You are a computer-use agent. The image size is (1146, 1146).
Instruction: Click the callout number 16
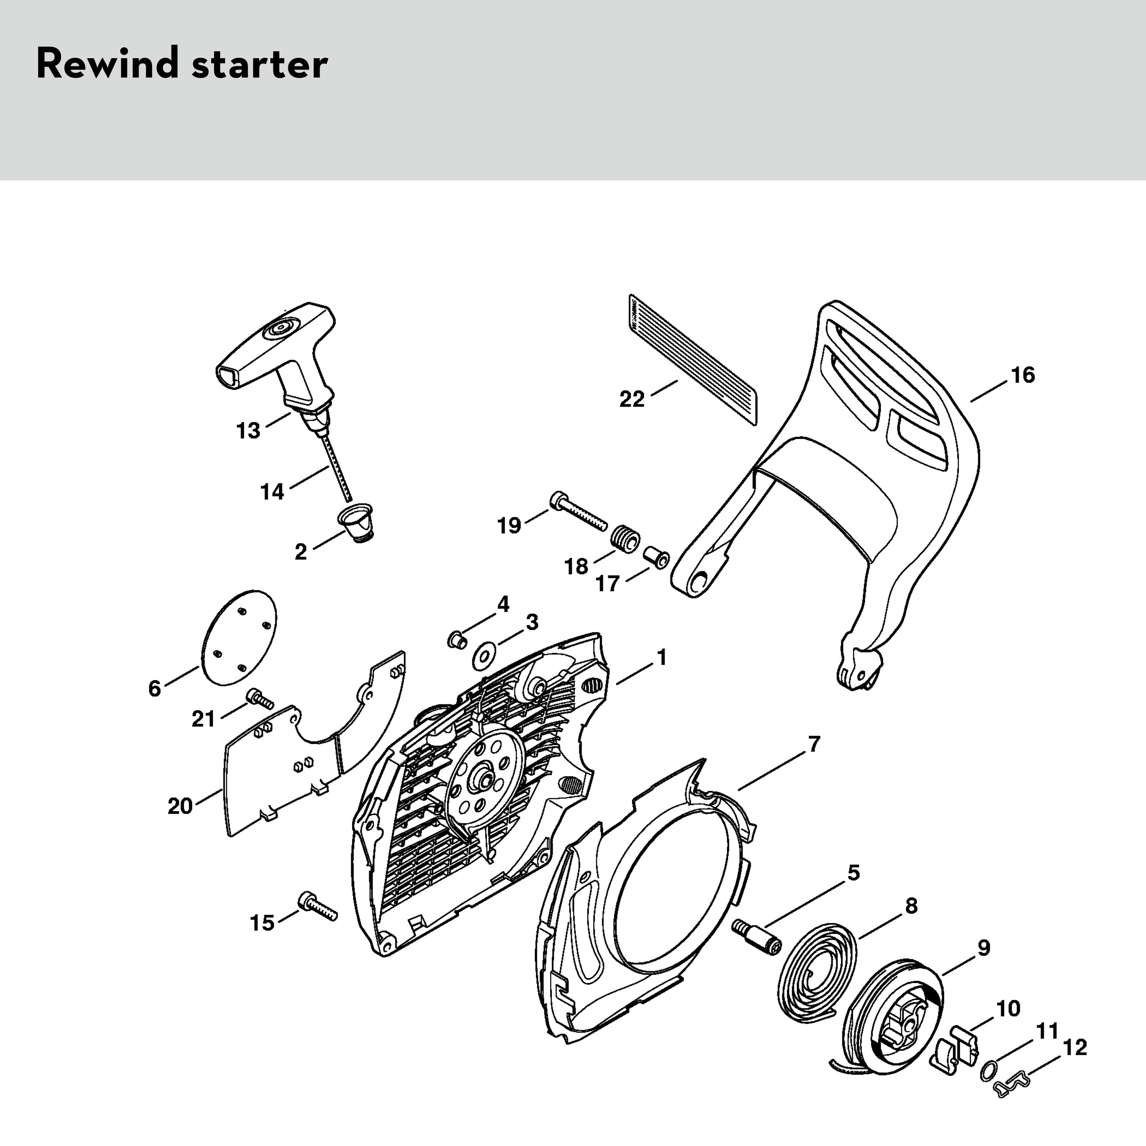[x=1023, y=375]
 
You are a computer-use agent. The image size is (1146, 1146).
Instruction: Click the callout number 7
[x=814, y=744]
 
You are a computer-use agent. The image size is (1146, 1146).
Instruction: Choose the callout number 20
[x=180, y=806]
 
